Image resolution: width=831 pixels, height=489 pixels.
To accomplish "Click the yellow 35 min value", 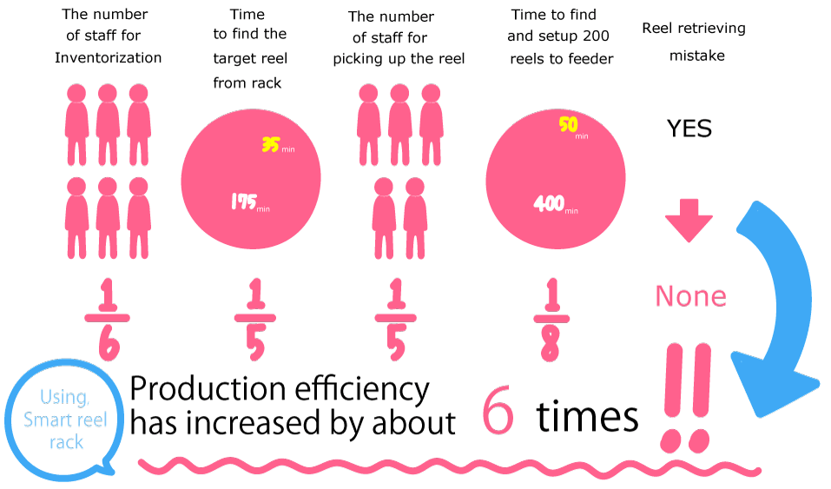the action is click(278, 145).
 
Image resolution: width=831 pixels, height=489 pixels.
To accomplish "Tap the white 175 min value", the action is click(250, 202).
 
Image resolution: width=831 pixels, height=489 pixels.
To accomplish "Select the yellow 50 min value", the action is click(573, 127).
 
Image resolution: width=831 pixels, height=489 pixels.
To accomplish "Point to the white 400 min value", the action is click(556, 203).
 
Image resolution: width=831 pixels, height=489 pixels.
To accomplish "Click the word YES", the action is click(689, 129).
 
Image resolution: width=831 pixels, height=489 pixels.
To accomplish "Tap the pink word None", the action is click(690, 296).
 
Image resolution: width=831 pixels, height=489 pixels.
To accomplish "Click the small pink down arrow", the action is click(689, 220).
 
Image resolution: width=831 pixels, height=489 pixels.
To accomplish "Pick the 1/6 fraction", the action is click(108, 320).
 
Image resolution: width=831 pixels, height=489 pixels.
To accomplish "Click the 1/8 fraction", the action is click(551, 320).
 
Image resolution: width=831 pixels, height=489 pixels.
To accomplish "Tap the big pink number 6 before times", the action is click(498, 409).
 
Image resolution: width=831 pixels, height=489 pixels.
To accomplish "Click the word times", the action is click(587, 416).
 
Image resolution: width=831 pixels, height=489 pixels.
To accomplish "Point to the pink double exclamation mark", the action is click(687, 398).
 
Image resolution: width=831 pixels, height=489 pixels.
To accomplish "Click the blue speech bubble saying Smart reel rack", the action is click(63, 420).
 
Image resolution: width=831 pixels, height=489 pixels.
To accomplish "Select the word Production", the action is click(210, 389).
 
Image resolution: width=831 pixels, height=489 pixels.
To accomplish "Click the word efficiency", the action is click(362, 390).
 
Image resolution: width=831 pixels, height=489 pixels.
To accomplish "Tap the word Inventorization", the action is click(109, 57).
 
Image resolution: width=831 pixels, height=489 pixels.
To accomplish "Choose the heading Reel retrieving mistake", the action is click(694, 42).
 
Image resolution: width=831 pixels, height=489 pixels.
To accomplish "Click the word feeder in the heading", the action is click(590, 58).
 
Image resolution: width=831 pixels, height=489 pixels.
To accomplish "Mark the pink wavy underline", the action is click(451, 466).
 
